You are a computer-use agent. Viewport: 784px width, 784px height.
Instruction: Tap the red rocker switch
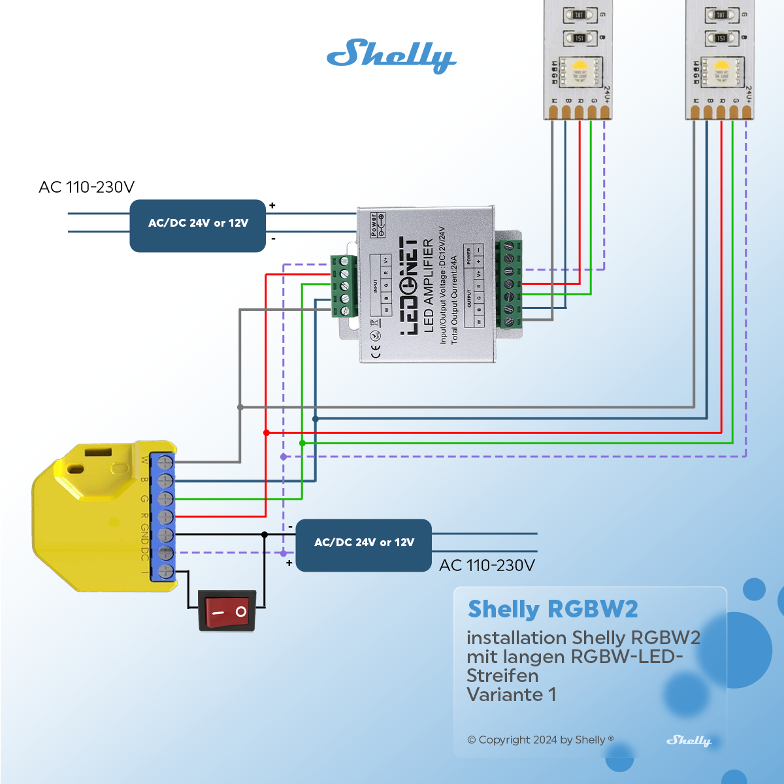coord(227,612)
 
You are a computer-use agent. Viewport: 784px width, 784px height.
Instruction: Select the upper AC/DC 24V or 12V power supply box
coord(198,225)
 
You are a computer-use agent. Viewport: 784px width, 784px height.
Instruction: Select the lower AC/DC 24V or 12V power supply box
coord(364,545)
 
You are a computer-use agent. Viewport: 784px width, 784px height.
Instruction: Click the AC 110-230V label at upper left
coord(86,188)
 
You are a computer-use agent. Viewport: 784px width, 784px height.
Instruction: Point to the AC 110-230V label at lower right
coord(487,566)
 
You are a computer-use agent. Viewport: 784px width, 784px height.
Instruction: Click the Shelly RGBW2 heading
coord(553,609)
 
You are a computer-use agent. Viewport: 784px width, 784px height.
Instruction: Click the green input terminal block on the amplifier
coord(344,286)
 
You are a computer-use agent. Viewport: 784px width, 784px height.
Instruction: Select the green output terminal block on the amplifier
coord(509,284)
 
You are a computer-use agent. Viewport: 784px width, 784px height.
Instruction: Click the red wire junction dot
coord(266,433)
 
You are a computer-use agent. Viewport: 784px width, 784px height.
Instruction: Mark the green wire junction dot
coord(302,443)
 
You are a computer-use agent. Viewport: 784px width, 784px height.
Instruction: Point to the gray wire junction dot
coord(240,407)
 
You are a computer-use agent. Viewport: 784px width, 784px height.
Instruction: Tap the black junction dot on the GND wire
coord(265,534)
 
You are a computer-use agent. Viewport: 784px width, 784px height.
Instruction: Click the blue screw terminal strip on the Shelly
coord(163,516)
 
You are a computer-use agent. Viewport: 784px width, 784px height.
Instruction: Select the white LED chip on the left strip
coord(580,70)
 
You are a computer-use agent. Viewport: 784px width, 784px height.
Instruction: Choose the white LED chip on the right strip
coord(721,70)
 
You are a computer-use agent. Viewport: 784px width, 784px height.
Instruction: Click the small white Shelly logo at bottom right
coord(689,740)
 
